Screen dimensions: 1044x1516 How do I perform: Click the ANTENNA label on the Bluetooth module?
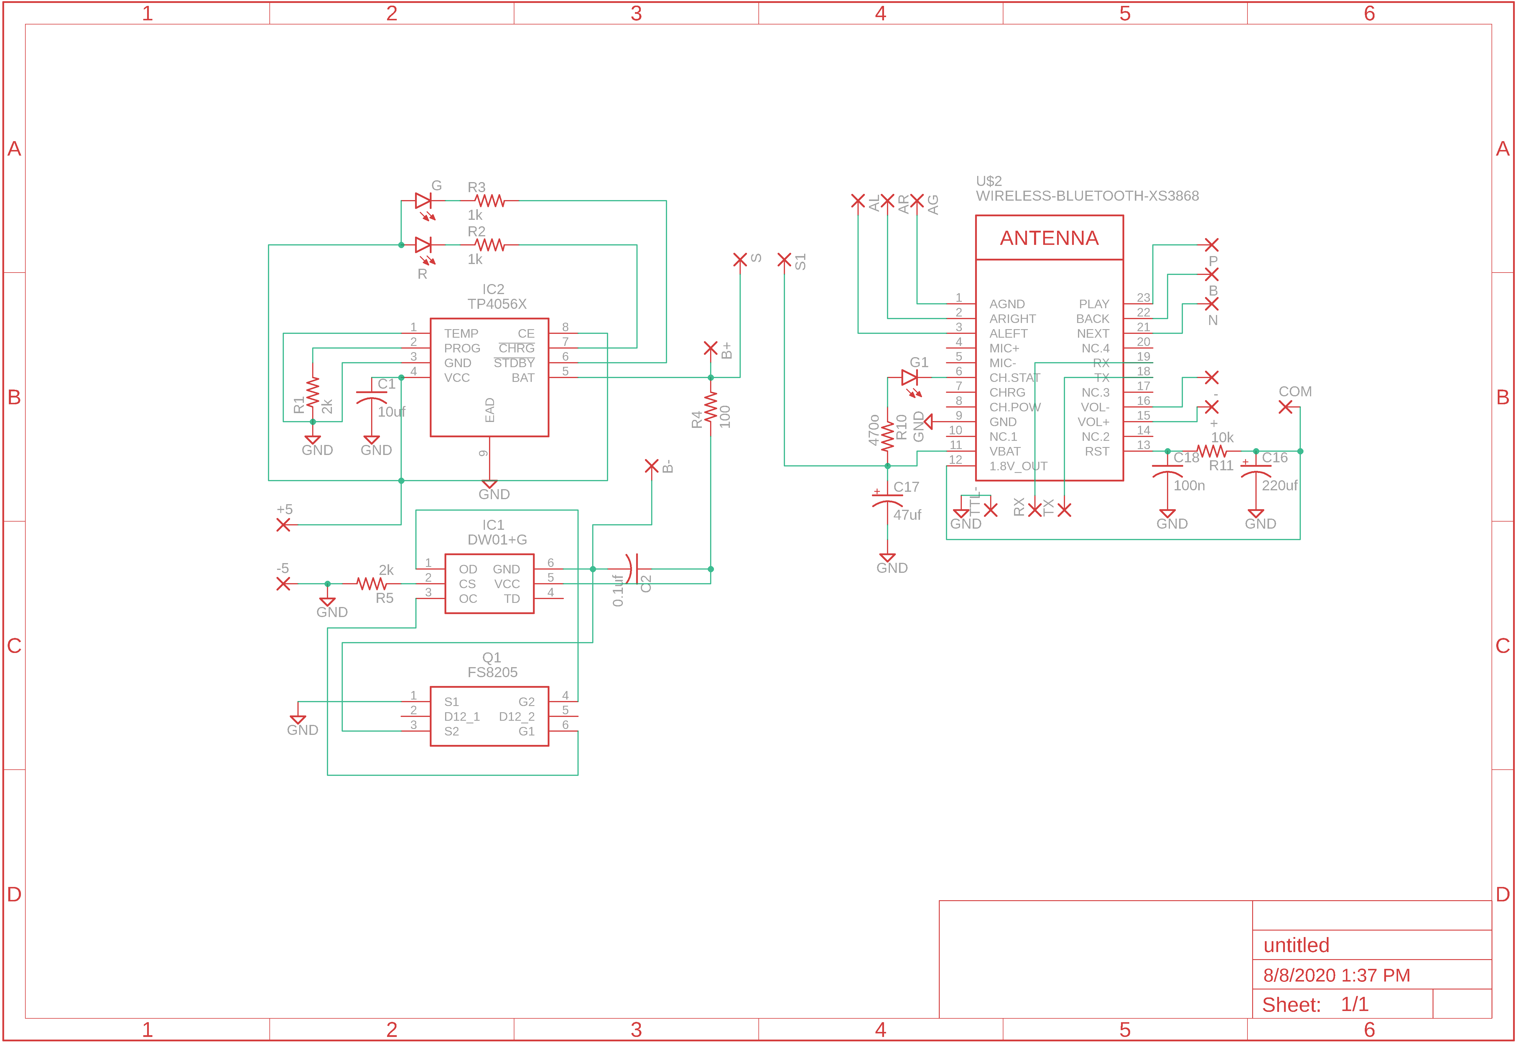pyautogui.click(x=1049, y=238)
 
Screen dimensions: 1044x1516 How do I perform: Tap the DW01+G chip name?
pyautogui.click(x=497, y=540)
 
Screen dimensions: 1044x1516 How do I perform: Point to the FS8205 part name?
pyautogui.click(x=492, y=672)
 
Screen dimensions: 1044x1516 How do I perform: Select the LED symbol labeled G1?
pyautogui.click(x=909, y=377)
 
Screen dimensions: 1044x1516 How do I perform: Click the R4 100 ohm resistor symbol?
pyautogui.click(x=711, y=407)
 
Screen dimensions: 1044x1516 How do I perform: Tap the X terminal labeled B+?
pyautogui.click(x=711, y=348)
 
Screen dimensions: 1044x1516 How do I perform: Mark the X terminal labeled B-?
pyautogui.click(x=651, y=466)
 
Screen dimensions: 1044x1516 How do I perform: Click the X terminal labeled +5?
pyautogui.click(x=283, y=525)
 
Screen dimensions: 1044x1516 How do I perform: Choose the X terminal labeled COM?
pyautogui.click(x=1285, y=407)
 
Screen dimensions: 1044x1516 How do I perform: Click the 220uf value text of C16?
pyautogui.click(x=1279, y=485)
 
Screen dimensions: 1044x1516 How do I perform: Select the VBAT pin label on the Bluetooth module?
pyautogui.click(x=1004, y=451)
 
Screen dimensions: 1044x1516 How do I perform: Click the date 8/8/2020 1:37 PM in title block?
pyautogui.click(x=1336, y=975)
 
